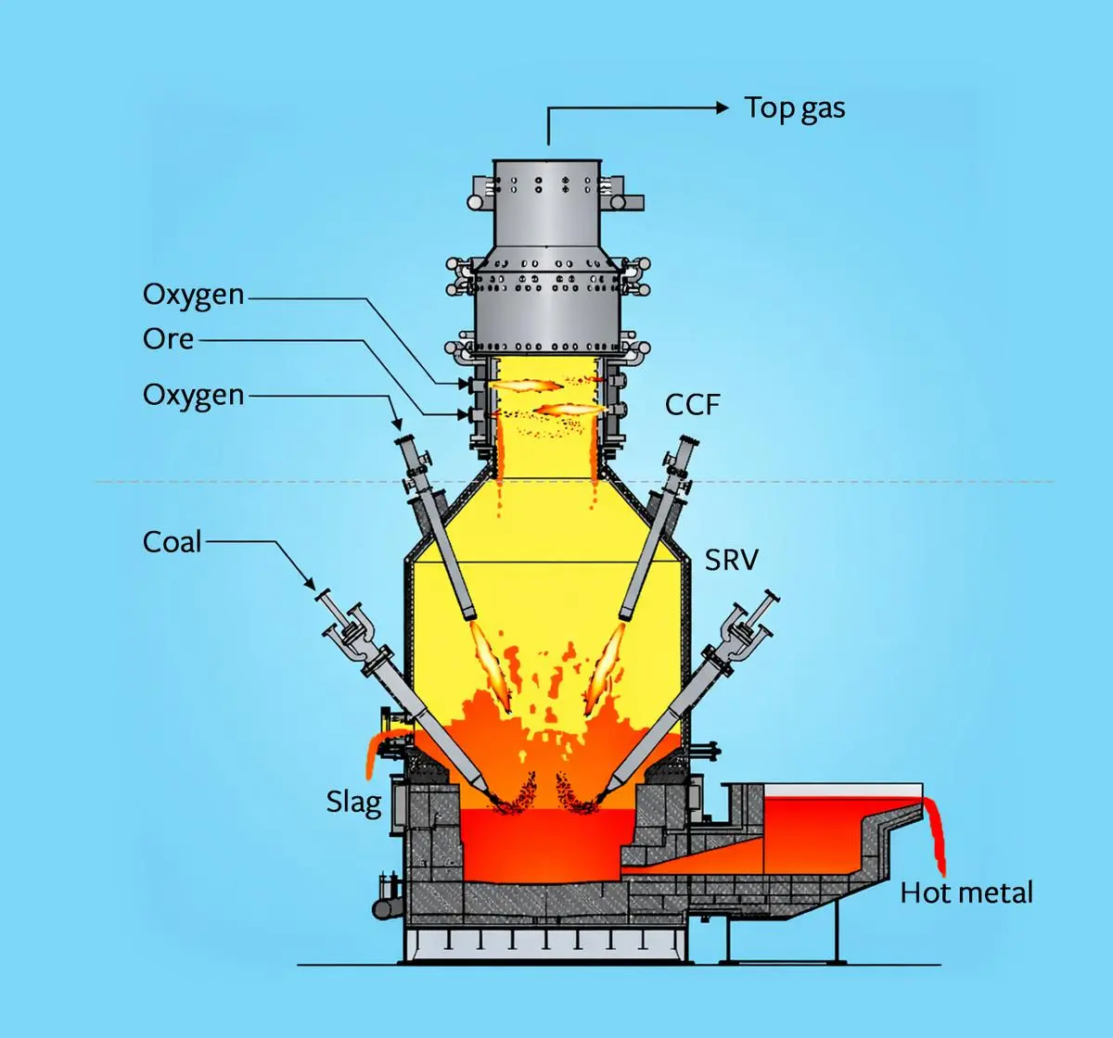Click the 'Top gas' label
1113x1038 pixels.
[795, 108]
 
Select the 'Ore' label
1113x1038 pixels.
[168, 339]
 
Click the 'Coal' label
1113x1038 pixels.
[172, 542]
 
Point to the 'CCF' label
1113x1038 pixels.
[692, 405]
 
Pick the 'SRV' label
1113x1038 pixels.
[731, 560]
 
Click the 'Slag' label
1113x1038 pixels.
[353, 802]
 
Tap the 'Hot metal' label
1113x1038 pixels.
[966, 893]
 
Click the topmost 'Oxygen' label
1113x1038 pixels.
[193, 295]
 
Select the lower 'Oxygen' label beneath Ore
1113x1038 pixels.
[193, 395]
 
